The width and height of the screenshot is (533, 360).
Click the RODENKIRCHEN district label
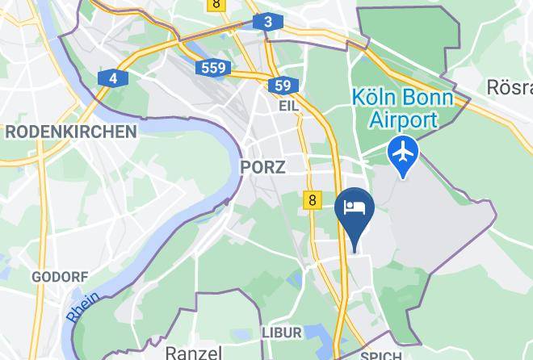(70, 132)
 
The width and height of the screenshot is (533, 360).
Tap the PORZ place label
(262, 167)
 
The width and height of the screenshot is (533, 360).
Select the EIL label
(288, 106)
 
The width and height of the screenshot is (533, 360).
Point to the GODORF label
(60, 277)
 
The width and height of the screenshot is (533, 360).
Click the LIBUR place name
(282, 333)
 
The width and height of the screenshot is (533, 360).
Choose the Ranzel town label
(193, 352)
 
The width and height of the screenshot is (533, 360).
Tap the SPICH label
(380, 356)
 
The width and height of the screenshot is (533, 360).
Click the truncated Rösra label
(510, 86)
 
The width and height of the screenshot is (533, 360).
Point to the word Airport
(403, 120)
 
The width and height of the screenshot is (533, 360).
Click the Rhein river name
(83, 307)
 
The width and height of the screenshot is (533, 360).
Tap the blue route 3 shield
(267, 23)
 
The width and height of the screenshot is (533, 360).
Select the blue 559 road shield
(214, 68)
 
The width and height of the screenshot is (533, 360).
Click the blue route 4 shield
(113, 78)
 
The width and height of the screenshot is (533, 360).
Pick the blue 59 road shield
(282, 86)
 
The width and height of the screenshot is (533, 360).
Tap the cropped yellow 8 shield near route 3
(216, 4)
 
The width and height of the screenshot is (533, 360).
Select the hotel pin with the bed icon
(354, 209)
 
